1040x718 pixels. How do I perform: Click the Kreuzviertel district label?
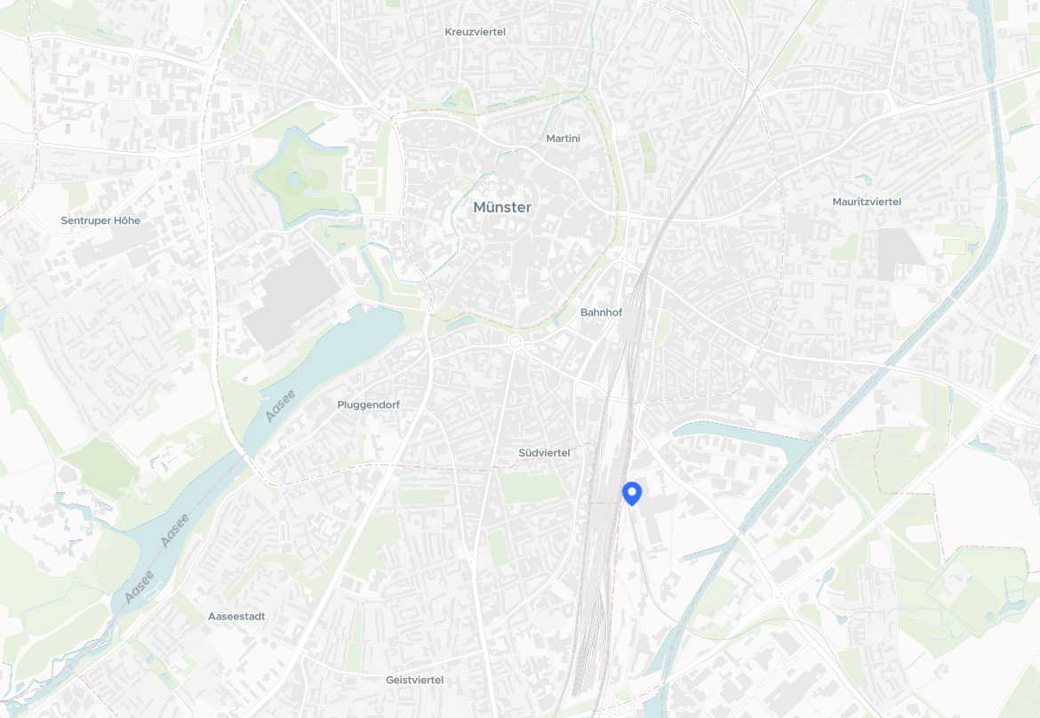pyautogui.click(x=475, y=32)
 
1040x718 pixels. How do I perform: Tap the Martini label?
pyautogui.click(x=563, y=139)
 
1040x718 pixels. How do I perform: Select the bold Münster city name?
pyautogui.click(x=502, y=207)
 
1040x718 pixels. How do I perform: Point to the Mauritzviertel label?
pyautogui.click(x=867, y=202)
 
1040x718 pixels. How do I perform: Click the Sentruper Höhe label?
pyautogui.click(x=100, y=220)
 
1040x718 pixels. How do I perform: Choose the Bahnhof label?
pyautogui.click(x=601, y=313)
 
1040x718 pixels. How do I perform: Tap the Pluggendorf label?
pyautogui.click(x=368, y=404)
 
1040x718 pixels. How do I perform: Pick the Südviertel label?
pyautogui.click(x=544, y=452)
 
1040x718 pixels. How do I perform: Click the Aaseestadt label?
pyautogui.click(x=236, y=616)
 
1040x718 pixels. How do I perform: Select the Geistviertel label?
pyautogui.click(x=414, y=680)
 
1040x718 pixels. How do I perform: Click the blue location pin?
pyautogui.click(x=632, y=491)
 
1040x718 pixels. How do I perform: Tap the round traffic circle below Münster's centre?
pyautogui.click(x=515, y=342)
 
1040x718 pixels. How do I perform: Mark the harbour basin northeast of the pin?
pyautogui.click(x=738, y=435)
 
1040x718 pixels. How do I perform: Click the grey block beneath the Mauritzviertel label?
pyautogui.click(x=900, y=253)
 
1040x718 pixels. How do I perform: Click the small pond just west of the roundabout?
pyautogui.click(x=461, y=323)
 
